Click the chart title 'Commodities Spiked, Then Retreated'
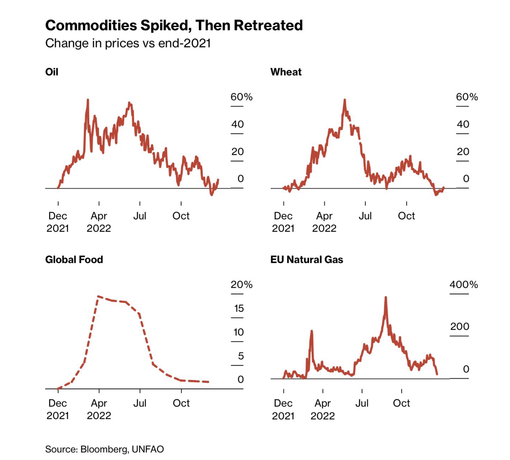[174, 25]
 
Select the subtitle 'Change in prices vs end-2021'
[128, 43]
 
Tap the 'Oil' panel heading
[52, 72]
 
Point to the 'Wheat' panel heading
[286, 72]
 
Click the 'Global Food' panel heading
[74, 260]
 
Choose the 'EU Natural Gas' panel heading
[307, 260]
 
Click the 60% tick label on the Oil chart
[241, 97]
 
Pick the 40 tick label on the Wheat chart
[463, 124]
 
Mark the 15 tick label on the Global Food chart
[239, 308]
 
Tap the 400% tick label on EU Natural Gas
[464, 285]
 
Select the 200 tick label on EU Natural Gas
[459, 327]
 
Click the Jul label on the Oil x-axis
[140, 216]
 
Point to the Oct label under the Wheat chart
[406, 216]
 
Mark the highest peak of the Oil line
[88, 100]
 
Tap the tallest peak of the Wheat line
[345, 100]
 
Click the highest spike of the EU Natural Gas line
[386, 297]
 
